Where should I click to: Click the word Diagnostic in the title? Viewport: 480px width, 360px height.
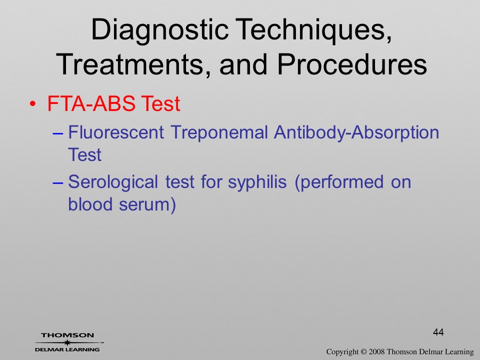(x=160, y=30)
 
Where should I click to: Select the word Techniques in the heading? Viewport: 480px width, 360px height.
(x=314, y=29)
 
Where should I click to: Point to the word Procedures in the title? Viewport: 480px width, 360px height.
(x=352, y=64)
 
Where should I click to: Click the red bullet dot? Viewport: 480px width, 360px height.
(x=33, y=104)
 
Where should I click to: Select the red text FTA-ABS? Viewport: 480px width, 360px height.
(x=91, y=103)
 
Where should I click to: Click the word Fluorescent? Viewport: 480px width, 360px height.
(x=116, y=132)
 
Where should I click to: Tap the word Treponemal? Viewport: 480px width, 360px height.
(x=219, y=132)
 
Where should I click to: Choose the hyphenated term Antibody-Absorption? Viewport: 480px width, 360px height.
(x=356, y=133)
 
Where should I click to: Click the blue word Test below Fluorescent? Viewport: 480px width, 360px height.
(x=84, y=154)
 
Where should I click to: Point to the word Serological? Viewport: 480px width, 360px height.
(x=113, y=182)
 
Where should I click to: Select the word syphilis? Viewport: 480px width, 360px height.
(x=257, y=182)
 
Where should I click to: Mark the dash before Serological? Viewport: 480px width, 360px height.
(x=58, y=183)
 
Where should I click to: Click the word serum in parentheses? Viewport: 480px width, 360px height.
(x=144, y=204)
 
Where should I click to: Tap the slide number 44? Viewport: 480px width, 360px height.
(x=438, y=332)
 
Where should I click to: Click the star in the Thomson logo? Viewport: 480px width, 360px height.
(x=67, y=342)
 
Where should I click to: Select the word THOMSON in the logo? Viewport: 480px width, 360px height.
(x=67, y=335)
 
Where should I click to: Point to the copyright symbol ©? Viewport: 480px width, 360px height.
(x=363, y=352)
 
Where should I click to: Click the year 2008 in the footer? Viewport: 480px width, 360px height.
(x=377, y=352)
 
